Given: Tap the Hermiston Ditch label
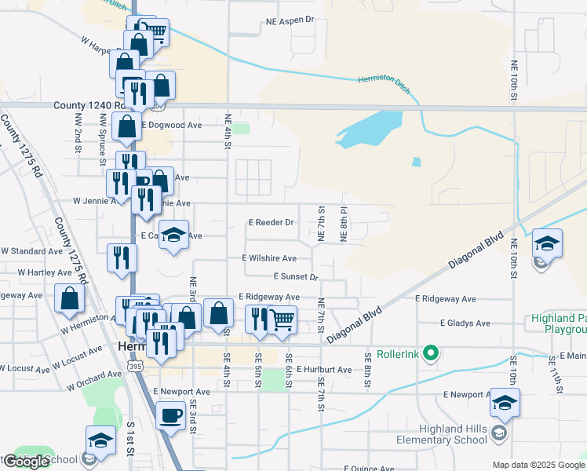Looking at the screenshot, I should (384, 82).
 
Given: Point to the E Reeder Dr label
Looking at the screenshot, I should (271, 222).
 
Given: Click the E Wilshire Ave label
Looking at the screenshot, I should (269, 257).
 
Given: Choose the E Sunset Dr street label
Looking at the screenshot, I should (295, 276).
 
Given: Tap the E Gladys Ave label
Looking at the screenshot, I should (465, 323).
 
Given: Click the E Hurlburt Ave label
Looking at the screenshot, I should (323, 369).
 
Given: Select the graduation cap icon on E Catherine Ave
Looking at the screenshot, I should (174, 234).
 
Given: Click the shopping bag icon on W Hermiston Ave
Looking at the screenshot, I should (70, 298).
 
